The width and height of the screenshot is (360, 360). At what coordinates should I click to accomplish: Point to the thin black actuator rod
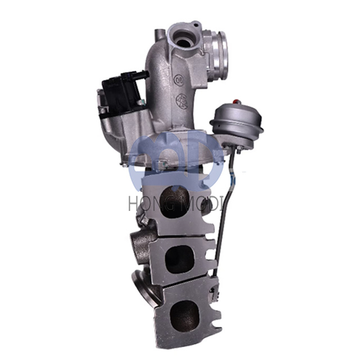tap(223, 214)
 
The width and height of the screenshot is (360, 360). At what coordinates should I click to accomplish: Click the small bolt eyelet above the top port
tap(195, 25)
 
